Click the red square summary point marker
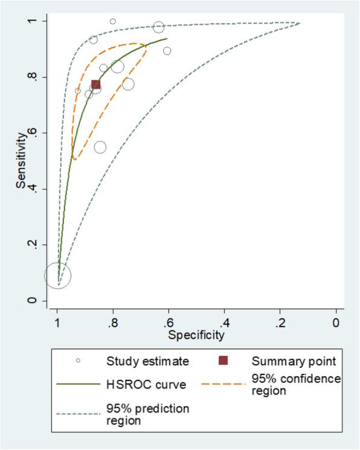95,85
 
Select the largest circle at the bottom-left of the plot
57,275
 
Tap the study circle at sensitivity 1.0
113,21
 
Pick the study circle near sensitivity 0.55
100,147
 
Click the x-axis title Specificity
196,334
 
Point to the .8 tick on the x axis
113,323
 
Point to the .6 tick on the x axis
169,323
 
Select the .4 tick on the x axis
224,323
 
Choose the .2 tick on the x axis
280,323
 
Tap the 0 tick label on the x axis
336,323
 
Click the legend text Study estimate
147,361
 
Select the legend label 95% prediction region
147,414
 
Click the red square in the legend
223,361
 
